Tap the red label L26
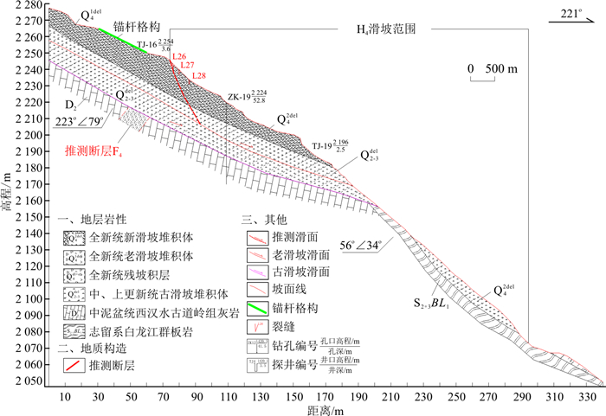coord(179,56)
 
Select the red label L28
coord(199,76)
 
